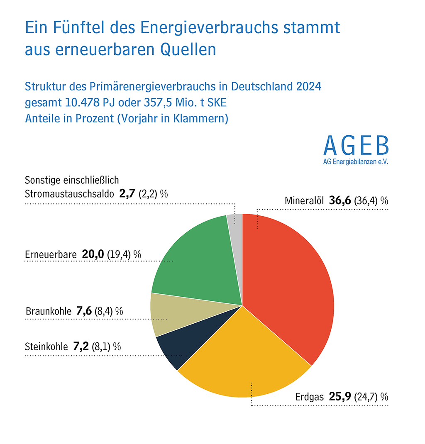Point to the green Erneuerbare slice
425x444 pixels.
pos(195,261)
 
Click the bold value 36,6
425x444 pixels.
pos(340,201)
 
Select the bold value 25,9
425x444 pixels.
pos(340,396)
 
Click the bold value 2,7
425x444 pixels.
pos(127,194)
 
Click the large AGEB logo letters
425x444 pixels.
pos(356,145)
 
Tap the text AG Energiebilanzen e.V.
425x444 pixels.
pos(356,162)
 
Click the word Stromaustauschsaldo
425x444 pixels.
pos(69,194)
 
